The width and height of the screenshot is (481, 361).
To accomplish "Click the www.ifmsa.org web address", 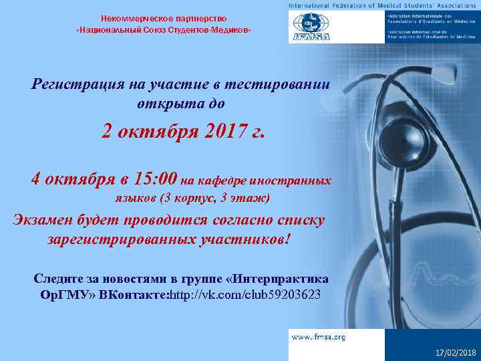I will (x=318, y=338).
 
